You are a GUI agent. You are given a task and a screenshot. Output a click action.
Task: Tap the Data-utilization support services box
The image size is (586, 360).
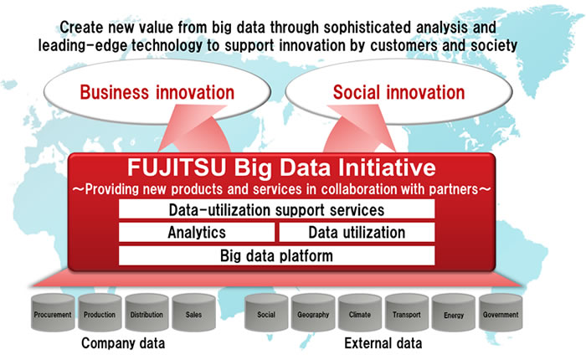click(276, 209)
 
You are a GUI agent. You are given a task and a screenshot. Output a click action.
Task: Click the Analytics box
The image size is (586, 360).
click(197, 232)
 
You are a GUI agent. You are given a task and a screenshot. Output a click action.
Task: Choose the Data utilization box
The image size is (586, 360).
click(357, 232)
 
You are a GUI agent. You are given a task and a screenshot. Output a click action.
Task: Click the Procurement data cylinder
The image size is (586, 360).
click(53, 315)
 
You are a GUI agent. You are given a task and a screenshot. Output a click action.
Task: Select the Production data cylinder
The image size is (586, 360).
click(100, 315)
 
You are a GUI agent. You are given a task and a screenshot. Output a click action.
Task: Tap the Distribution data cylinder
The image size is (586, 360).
click(146, 315)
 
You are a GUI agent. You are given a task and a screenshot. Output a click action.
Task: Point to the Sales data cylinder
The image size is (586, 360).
click(193, 315)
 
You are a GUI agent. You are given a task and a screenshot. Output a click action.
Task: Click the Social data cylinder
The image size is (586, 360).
click(266, 315)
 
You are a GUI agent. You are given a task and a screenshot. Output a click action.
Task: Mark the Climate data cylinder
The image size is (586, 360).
click(360, 315)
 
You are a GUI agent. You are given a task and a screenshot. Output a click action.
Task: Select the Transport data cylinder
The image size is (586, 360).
click(407, 315)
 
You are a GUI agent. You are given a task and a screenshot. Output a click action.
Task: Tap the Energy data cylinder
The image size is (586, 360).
click(454, 315)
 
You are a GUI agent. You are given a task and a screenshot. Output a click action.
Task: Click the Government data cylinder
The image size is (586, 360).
click(501, 315)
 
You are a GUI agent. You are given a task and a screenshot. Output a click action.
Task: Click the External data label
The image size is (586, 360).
click(383, 343)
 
